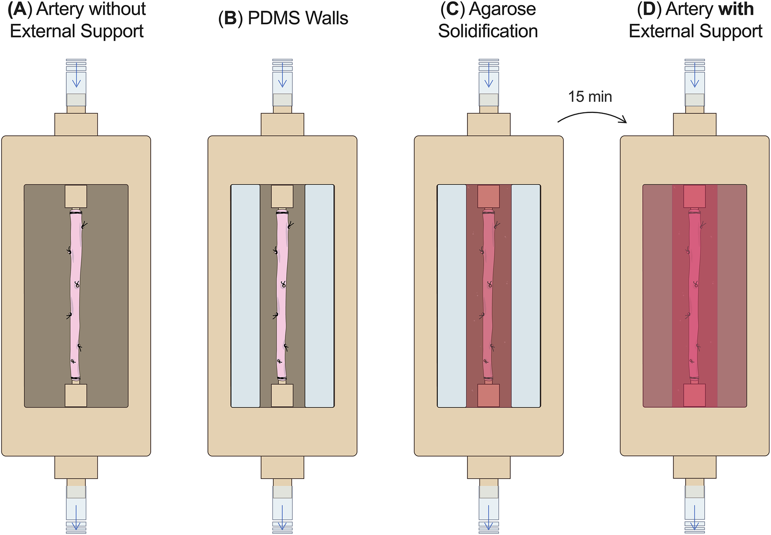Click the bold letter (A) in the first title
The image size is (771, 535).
(19, 10)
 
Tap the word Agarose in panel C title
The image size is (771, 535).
(502, 10)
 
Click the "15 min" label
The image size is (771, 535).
(590, 97)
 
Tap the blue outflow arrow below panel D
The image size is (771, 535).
(695, 516)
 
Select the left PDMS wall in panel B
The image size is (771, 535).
(246, 296)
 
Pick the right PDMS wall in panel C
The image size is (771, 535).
(526, 296)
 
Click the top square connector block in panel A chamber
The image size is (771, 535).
(76, 196)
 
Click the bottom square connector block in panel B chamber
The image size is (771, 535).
(282, 395)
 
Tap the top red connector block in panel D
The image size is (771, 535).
(695, 196)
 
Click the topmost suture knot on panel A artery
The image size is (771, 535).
(84, 225)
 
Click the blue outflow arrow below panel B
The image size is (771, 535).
(282, 516)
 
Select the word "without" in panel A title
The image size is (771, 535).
(120, 10)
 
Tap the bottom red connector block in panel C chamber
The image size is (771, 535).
(489, 395)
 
